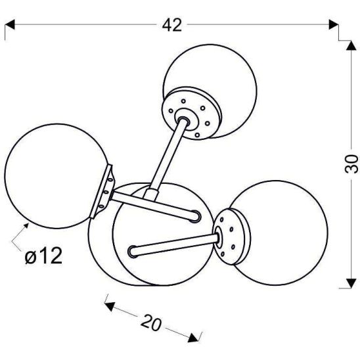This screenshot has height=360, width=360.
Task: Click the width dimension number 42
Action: click(x=172, y=25)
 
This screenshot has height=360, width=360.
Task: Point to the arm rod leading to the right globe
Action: click(x=173, y=244)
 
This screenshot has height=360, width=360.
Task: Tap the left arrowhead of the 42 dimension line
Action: click(x=9, y=26)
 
